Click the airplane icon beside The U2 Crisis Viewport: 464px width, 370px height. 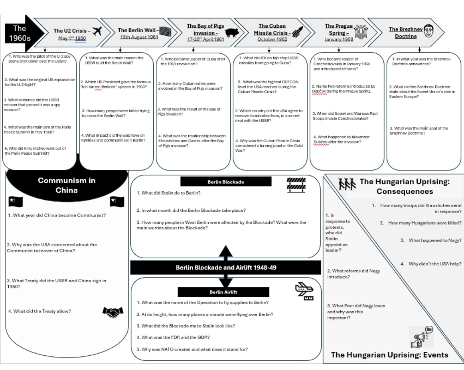(98, 31)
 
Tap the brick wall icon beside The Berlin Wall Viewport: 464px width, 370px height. (165, 31)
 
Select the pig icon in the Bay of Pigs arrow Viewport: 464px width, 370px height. (232, 32)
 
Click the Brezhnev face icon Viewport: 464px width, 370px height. (428, 31)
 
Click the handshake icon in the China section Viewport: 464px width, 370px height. (113, 312)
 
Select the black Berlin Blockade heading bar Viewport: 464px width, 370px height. (226, 182)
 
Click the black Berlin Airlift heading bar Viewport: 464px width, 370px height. (223, 292)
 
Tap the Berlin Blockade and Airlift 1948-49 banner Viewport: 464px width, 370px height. (226, 267)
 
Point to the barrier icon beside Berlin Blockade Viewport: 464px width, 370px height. (296, 184)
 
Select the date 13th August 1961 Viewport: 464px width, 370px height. (139, 37)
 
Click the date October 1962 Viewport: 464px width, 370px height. (272, 39)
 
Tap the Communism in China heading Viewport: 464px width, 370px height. (67, 185)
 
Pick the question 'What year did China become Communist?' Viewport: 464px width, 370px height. (57, 215)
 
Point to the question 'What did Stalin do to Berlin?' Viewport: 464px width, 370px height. (168, 193)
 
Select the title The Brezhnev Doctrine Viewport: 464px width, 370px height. (406, 33)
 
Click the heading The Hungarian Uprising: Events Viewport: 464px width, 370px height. (390, 355)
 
